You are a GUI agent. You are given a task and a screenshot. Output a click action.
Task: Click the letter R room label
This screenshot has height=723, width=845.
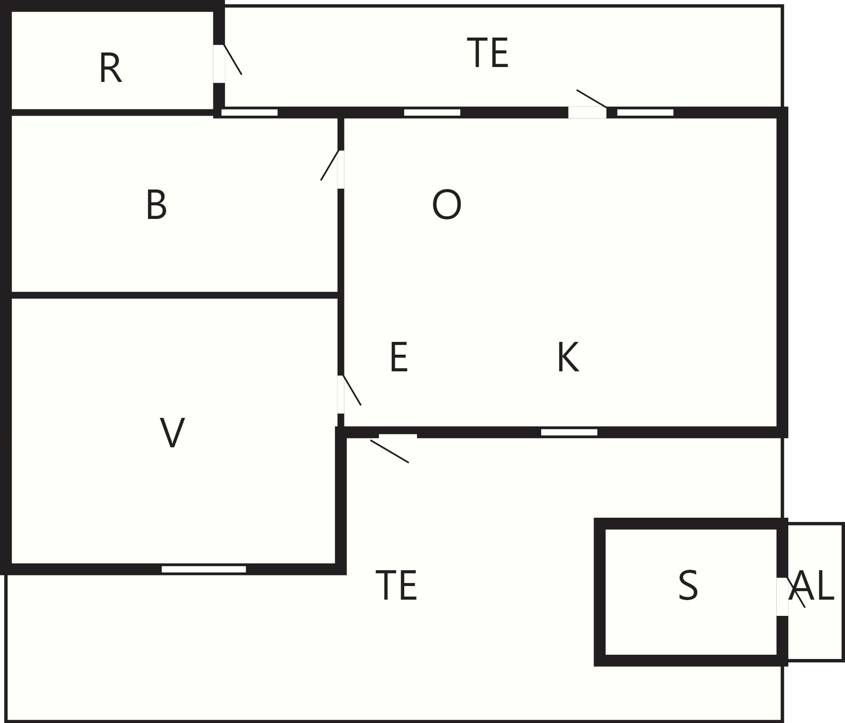[x=111, y=68]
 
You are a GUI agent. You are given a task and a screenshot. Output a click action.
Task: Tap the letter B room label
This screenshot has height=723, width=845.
[x=156, y=205]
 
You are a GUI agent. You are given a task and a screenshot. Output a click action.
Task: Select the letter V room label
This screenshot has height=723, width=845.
[x=172, y=432]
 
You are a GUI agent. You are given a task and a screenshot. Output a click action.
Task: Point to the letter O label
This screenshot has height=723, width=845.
[x=447, y=205]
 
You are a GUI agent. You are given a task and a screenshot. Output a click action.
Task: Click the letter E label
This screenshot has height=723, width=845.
[x=399, y=357]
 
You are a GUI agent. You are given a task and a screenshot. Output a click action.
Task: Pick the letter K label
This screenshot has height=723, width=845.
[x=568, y=357]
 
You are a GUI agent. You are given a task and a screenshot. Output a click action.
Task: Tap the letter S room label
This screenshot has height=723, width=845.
[x=688, y=586]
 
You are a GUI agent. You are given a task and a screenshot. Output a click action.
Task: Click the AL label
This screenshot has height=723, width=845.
[x=811, y=586]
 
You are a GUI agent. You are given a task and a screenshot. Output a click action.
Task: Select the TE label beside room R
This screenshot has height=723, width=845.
[x=488, y=52]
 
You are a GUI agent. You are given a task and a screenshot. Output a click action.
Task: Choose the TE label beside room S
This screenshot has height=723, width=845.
[x=396, y=586]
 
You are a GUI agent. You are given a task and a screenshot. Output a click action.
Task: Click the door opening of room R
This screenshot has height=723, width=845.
[x=219, y=64]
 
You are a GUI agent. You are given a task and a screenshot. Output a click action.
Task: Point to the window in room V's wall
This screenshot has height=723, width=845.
[x=204, y=569]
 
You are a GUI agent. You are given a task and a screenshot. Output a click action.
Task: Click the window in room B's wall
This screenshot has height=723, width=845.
[x=250, y=112]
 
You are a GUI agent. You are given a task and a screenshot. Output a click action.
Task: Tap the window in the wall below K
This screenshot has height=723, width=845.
[x=569, y=432]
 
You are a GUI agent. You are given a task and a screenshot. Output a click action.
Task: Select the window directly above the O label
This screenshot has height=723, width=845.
[x=432, y=112]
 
